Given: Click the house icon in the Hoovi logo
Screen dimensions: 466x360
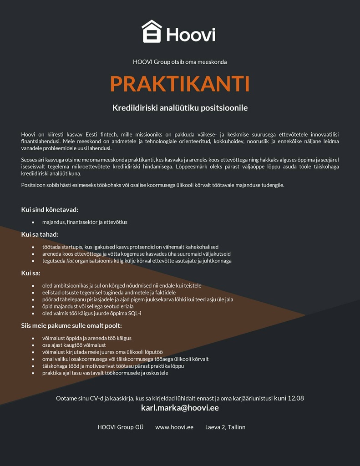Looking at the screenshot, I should tap(152, 31).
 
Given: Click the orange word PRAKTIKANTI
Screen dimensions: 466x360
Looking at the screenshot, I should tap(180, 84).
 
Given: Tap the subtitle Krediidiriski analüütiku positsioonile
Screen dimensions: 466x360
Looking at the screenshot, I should tap(180, 108).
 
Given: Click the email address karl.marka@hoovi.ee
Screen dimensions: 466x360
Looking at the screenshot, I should tap(180, 408).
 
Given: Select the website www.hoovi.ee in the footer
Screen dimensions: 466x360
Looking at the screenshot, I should tap(174, 427).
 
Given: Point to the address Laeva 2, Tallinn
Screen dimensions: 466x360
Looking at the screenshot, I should tap(225, 427).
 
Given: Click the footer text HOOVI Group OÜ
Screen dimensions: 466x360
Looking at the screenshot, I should tap(121, 427).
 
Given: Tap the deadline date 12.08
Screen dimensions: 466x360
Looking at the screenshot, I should tap(296, 398).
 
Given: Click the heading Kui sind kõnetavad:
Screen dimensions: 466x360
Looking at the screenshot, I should tap(50, 210).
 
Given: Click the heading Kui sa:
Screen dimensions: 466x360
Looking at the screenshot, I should tap(30, 273).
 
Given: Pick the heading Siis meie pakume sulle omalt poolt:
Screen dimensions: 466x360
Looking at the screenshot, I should tap(71, 325).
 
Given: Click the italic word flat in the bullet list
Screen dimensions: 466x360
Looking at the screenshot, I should tap(70, 261).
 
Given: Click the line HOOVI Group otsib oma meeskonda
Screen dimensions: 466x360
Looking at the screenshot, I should tap(180, 62).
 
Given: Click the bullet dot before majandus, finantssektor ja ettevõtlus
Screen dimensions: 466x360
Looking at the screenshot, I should tap(33, 222).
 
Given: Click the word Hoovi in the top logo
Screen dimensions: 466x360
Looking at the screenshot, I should tap(191, 35).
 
